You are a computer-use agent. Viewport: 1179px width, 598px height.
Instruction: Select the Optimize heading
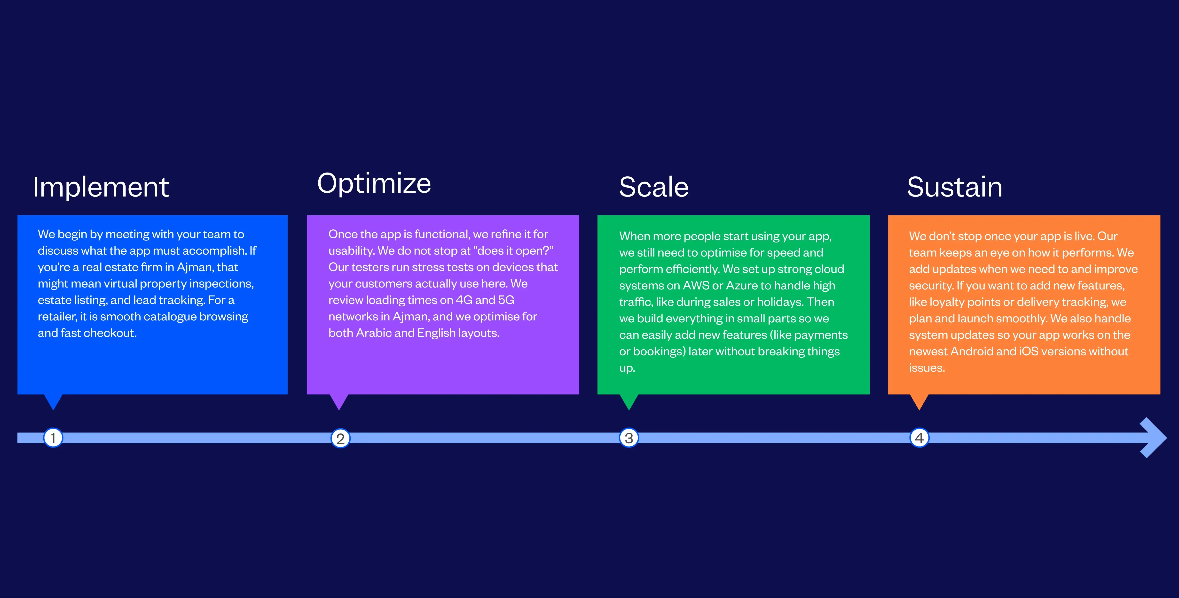click(x=374, y=184)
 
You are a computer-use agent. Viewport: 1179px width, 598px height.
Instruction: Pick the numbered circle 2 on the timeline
click(x=340, y=438)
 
